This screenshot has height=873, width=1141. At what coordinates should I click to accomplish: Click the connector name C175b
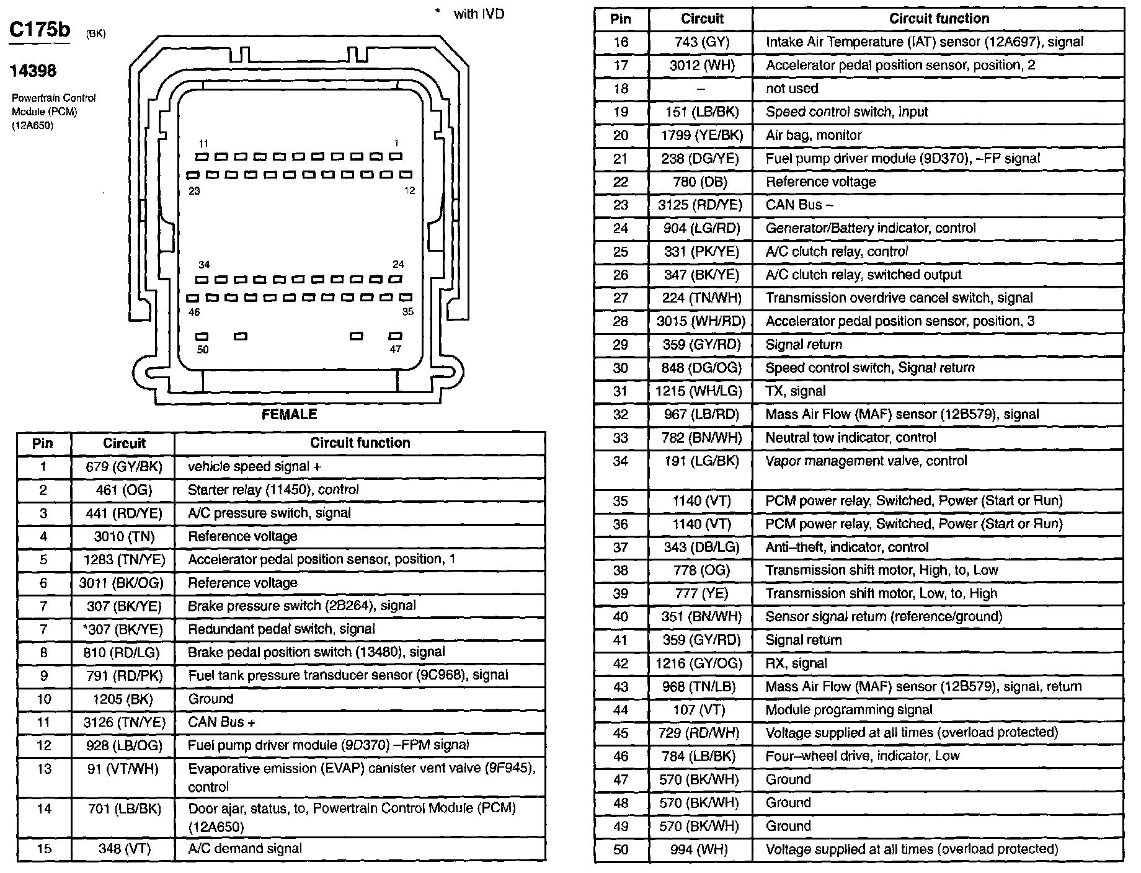coord(40,30)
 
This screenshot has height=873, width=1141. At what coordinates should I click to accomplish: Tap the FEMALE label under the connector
coord(289,415)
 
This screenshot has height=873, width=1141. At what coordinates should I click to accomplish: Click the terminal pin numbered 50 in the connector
coord(202,337)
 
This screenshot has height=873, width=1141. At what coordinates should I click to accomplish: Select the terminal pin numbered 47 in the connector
coord(395,336)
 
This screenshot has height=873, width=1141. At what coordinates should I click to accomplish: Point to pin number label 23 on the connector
coord(194,191)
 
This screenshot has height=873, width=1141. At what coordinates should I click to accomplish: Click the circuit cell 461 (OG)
coord(123,490)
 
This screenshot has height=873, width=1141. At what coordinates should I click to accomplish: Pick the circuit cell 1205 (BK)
coord(123,699)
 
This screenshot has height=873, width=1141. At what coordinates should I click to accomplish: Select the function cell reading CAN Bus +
coord(222,722)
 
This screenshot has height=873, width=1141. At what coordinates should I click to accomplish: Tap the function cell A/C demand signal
coord(245,849)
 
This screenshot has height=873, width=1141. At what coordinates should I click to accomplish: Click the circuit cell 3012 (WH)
coord(701,66)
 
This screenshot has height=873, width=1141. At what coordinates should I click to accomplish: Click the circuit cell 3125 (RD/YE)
coord(701,205)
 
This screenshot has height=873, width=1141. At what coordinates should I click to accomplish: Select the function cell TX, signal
coord(796,391)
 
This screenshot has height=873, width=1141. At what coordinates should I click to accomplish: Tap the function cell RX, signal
coord(796,663)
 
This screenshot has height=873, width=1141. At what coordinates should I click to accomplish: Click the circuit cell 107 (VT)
coord(701,710)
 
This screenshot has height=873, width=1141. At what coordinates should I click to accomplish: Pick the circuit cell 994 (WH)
coord(701,849)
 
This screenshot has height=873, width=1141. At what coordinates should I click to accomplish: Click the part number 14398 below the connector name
coord(33,71)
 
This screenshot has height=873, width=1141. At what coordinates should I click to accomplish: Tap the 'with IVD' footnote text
coord(479,14)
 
